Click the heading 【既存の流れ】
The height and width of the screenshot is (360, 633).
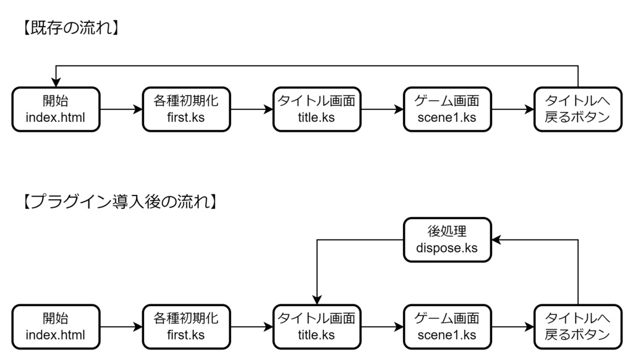[x=70, y=28]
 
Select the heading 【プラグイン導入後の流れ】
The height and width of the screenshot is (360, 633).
[x=118, y=201]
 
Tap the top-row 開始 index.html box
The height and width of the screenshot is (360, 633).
[x=56, y=109]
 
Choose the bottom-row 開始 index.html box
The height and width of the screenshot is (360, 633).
[x=56, y=327]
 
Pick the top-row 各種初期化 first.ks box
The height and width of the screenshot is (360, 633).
[x=186, y=109]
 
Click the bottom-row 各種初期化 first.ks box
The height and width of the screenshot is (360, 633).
[x=186, y=327]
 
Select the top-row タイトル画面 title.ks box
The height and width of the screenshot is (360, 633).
[x=316, y=109]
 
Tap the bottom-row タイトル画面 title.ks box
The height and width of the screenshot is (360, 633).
[x=316, y=327]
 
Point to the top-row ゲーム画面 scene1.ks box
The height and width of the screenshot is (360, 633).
[x=447, y=109]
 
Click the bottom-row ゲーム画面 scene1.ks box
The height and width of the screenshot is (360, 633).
[x=447, y=327]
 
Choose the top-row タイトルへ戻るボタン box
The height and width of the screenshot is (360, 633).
[x=577, y=109]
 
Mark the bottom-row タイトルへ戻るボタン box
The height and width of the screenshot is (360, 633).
[x=577, y=327]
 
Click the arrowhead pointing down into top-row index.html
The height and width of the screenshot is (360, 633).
[x=56, y=83]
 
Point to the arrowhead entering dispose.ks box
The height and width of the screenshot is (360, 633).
[x=496, y=239]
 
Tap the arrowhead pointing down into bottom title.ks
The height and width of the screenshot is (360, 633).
[x=316, y=300]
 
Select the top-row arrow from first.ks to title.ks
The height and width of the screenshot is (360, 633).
[x=251, y=109]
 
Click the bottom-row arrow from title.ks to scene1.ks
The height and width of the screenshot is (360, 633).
[x=381, y=327]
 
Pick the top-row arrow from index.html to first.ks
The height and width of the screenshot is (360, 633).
[x=121, y=109]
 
